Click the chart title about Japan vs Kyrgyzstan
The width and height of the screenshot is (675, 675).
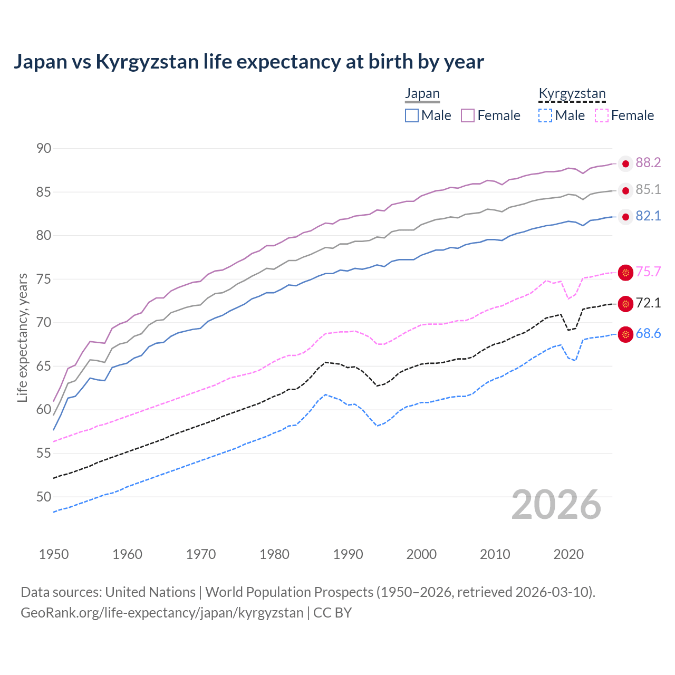[248, 62]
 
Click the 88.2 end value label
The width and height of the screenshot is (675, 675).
[648, 163]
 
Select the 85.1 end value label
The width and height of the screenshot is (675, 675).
[648, 190]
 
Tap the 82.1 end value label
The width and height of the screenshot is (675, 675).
[648, 216]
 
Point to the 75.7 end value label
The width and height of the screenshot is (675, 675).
[648, 272]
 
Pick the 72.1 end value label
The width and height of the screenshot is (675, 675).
[648, 303]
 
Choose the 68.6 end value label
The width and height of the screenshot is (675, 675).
[648, 334]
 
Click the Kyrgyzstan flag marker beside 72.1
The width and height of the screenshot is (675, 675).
[625, 304]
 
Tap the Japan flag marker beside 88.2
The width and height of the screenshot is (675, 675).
[625, 164]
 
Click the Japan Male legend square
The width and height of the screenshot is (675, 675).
[412, 115]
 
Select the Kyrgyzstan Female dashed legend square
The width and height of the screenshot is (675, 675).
[602, 115]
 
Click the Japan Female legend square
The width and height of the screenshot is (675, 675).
[468, 115]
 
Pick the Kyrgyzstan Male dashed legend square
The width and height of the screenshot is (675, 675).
[545, 115]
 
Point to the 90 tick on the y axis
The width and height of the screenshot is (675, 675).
[44, 149]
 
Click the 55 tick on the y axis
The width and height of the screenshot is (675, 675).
[44, 453]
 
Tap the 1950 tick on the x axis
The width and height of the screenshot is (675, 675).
[54, 554]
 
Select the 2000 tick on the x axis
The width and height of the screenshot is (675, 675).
[421, 554]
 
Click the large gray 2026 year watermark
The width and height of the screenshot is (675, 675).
[556, 505]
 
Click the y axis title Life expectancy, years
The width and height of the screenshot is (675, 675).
[23, 337]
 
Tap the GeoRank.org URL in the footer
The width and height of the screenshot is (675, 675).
[162, 613]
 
